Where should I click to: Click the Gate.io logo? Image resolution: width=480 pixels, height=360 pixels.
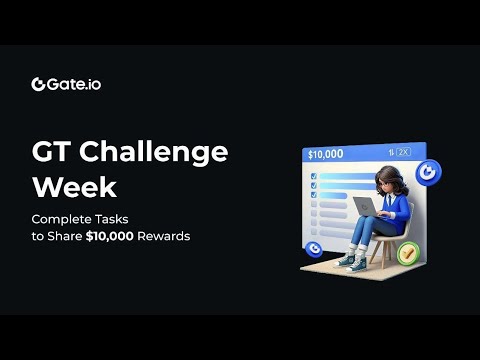pos(65,84)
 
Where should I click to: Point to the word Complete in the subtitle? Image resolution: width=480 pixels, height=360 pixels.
pos(61,219)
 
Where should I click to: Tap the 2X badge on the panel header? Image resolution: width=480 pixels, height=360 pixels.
pos(404,153)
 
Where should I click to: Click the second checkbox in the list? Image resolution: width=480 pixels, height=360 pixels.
pos(314,185)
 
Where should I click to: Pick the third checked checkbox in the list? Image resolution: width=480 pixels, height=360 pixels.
pos(314,197)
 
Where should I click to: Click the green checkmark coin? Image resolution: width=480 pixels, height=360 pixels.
pos(406,254)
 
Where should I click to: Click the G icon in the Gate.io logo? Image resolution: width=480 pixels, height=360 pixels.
pos(38,84)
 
